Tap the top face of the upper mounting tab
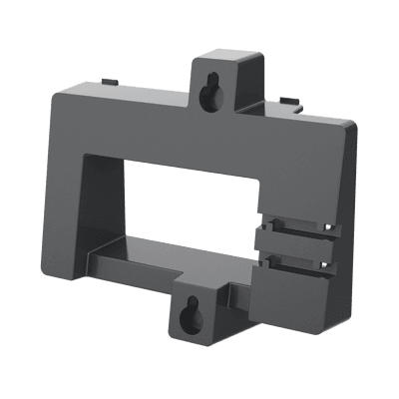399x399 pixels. coord(229,57)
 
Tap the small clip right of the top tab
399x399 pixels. coord(287,100)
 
